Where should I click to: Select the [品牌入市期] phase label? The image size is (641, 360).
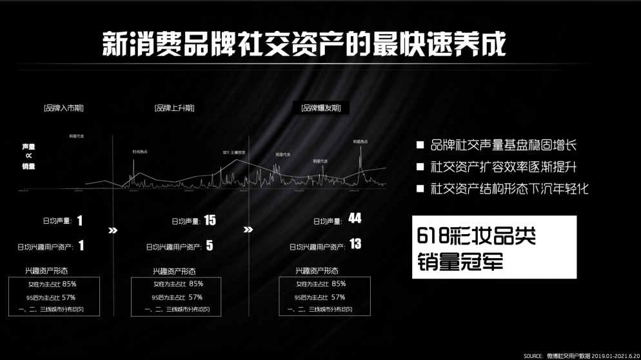[63, 108]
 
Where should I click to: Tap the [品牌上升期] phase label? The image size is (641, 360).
[174, 108]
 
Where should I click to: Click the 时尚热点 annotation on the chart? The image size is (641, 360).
[140, 152]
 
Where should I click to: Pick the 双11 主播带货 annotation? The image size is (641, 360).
[233, 152]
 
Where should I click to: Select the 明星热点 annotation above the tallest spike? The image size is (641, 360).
[360, 141]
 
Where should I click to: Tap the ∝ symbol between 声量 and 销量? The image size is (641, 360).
[28, 156]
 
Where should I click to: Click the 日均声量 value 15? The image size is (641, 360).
[210, 221]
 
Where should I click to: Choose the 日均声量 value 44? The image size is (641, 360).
[355, 219]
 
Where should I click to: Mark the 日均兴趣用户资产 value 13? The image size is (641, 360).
[355, 245]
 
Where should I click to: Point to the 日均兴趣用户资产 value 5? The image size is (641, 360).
[210, 246]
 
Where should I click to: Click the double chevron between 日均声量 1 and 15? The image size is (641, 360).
[113, 230]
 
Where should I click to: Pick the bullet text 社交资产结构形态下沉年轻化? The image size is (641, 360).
[509, 190]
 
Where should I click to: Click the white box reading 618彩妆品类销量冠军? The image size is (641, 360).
[494, 247]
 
